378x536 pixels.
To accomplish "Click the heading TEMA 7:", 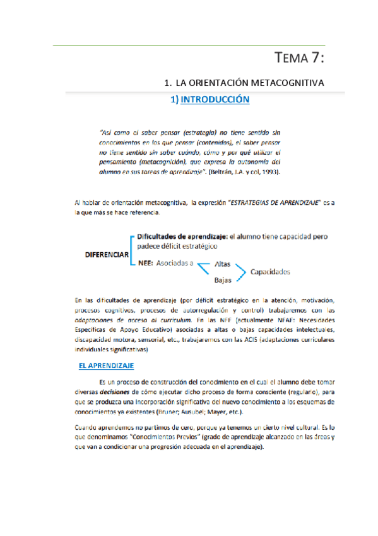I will [x=300, y=59].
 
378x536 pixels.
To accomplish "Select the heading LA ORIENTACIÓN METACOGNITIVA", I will [x=249, y=83].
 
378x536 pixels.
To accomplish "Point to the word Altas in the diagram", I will [x=223, y=264].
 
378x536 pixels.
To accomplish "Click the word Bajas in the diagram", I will [x=222, y=279].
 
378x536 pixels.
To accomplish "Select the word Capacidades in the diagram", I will [x=270, y=272].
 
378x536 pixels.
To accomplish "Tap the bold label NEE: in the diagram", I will [x=146, y=264].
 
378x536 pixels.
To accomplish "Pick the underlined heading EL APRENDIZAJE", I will [x=106, y=365].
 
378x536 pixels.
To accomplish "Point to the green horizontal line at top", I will [x=189, y=46].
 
